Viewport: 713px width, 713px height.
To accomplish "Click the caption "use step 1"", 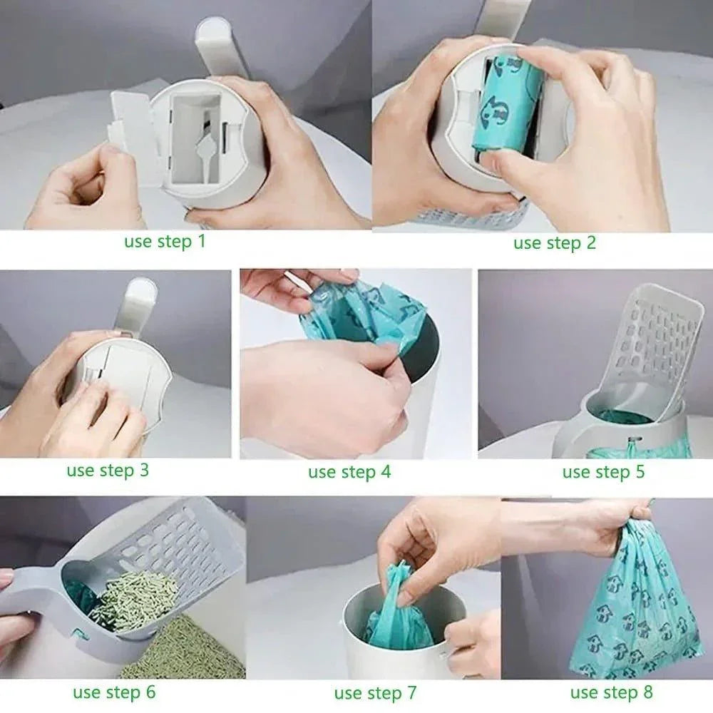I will (x=165, y=241).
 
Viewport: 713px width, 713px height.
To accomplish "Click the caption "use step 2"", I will (x=554, y=243).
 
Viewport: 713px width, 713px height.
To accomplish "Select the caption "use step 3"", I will (x=108, y=471).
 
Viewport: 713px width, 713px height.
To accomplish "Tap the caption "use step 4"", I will (x=349, y=472).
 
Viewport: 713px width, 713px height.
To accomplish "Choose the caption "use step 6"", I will (x=113, y=692).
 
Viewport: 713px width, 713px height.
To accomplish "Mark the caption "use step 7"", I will (x=375, y=692).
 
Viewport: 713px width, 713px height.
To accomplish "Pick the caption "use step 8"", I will (x=611, y=692).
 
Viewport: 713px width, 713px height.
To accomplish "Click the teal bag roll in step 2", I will (x=508, y=114).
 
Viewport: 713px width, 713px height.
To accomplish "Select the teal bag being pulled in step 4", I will (x=356, y=314).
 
